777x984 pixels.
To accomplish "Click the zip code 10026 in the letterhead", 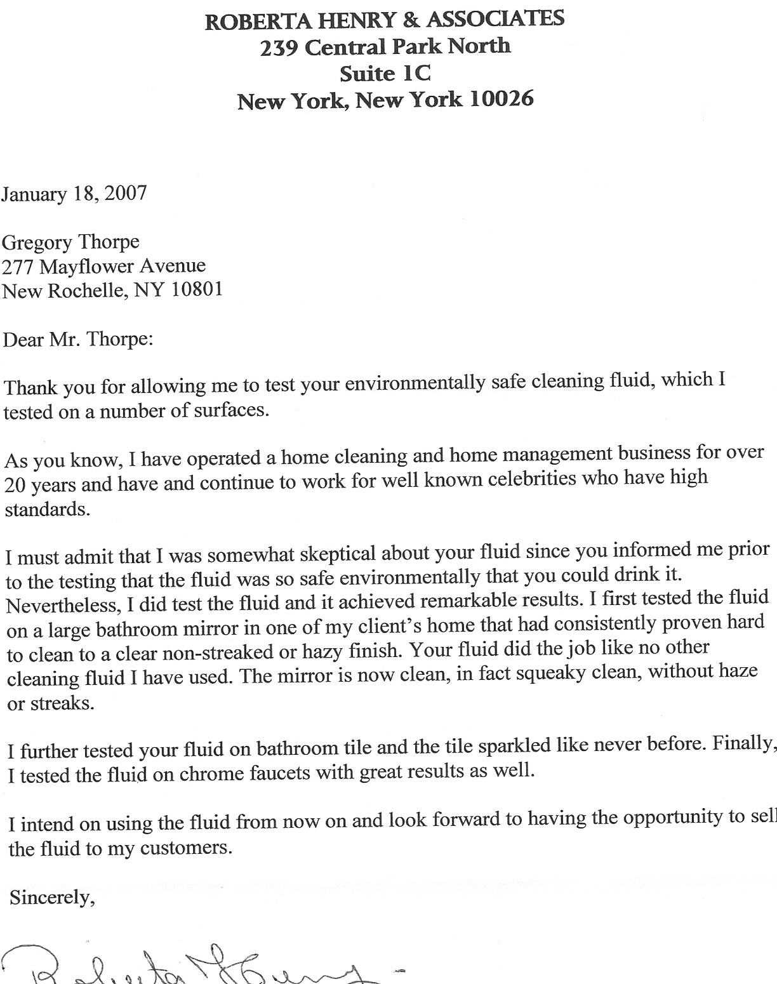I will pos(501,99).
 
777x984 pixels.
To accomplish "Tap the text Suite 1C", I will pos(385,74).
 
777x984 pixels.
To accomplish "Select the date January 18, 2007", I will pos(74,193).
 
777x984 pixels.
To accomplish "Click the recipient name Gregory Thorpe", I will pos(70,242).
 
